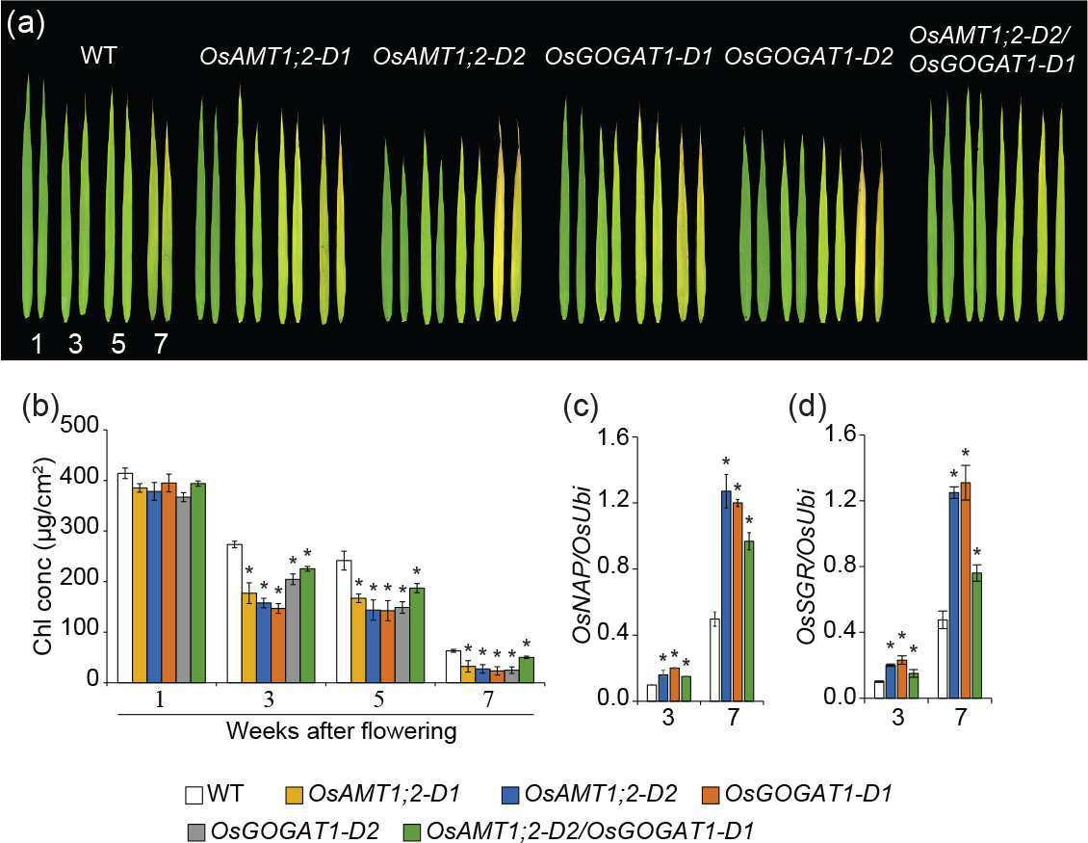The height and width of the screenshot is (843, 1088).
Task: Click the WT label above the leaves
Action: tap(98, 56)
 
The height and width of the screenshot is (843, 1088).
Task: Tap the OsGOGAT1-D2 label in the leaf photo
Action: tap(809, 57)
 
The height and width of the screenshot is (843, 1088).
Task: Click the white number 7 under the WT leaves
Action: tap(160, 343)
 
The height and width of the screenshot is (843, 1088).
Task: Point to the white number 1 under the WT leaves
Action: tap(36, 343)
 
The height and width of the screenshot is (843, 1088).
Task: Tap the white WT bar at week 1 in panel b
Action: tap(125, 578)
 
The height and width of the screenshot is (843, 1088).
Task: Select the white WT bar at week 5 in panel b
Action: tap(344, 621)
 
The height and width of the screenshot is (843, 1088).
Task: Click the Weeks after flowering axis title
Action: tap(342, 731)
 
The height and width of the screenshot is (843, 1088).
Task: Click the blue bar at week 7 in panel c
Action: tap(727, 595)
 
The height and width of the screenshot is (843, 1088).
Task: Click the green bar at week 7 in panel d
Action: tap(976, 635)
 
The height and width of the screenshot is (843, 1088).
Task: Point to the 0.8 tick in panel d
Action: tap(839, 566)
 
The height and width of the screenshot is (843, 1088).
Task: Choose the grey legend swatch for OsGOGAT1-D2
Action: tap(196, 831)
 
